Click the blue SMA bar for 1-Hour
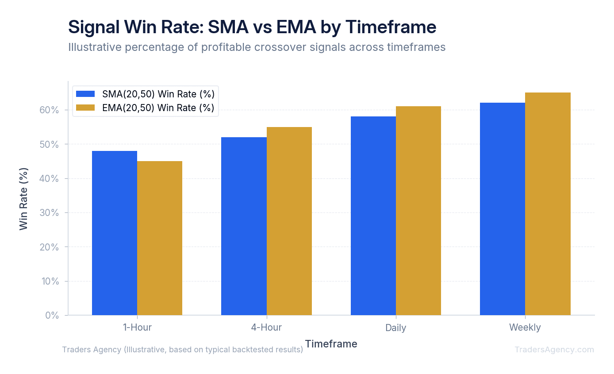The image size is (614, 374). [x=115, y=233]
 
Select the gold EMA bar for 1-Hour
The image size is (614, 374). [x=160, y=238]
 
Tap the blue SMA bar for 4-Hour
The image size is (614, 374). [x=244, y=226]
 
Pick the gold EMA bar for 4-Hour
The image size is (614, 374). [x=289, y=221]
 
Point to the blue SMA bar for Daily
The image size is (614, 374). [x=373, y=216]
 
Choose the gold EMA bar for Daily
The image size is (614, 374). [x=418, y=211]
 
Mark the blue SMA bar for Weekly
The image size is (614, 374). [x=503, y=209]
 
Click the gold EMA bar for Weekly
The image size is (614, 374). [x=548, y=204]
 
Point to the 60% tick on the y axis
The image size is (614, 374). [x=50, y=110]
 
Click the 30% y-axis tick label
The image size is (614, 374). [x=50, y=212]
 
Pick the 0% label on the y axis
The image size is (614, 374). [x=52, y=315]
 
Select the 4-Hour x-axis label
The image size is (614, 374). [x=266, y=328]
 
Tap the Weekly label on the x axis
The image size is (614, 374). [x=525, y=328]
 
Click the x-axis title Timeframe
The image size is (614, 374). [x=331, y=343]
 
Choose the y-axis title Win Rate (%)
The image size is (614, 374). [x=24, y=198]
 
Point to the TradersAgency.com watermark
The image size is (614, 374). [x=554, y=350]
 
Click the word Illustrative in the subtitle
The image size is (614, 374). [x=94, y=47]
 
